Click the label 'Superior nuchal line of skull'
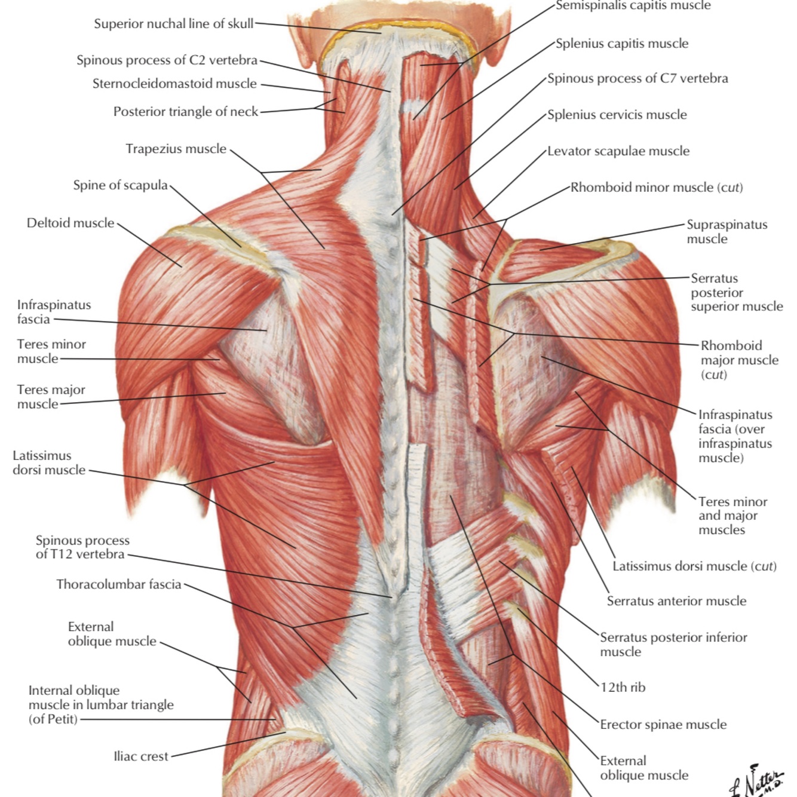[173, 24]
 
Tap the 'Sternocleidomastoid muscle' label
[174, 84]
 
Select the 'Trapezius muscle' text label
[176, 149]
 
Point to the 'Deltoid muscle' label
[70, 223]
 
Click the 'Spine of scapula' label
[120, 185]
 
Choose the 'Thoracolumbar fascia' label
[118, 584]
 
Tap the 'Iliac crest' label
[141, 756]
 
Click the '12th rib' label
[623, 687]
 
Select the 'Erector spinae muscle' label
[663, 725]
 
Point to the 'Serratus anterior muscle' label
[676, 601]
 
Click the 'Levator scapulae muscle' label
[618, 151]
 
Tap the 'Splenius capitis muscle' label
[622, 44]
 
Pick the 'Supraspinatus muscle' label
[727, 232]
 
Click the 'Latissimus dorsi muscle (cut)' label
[694, 566]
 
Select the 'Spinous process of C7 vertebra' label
[637, 78]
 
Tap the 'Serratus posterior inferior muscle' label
[673, 645]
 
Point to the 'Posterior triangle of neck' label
[186, 112]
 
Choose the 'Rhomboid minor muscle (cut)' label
[657, 188]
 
